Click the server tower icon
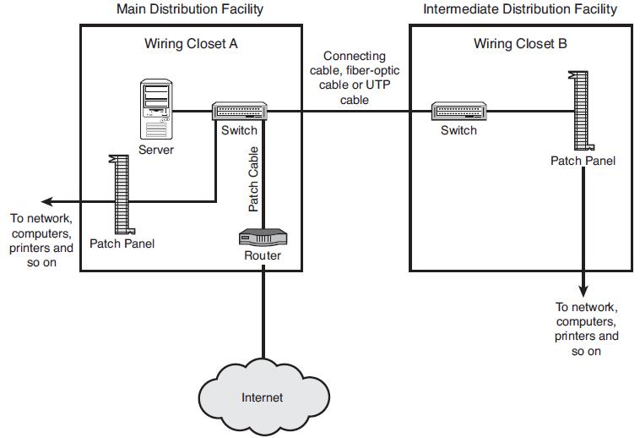click(156, 108)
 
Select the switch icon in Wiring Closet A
click(239, 112)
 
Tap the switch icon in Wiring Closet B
click(458, 112)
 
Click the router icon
click(263, 238)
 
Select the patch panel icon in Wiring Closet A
click(121, 194)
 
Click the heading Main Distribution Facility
click(189, 9)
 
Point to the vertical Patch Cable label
click(253, 179)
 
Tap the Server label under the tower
click(156, 150)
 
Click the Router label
click(263, 255)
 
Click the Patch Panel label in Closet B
click(583, 161)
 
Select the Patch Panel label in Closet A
click(122, 244)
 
